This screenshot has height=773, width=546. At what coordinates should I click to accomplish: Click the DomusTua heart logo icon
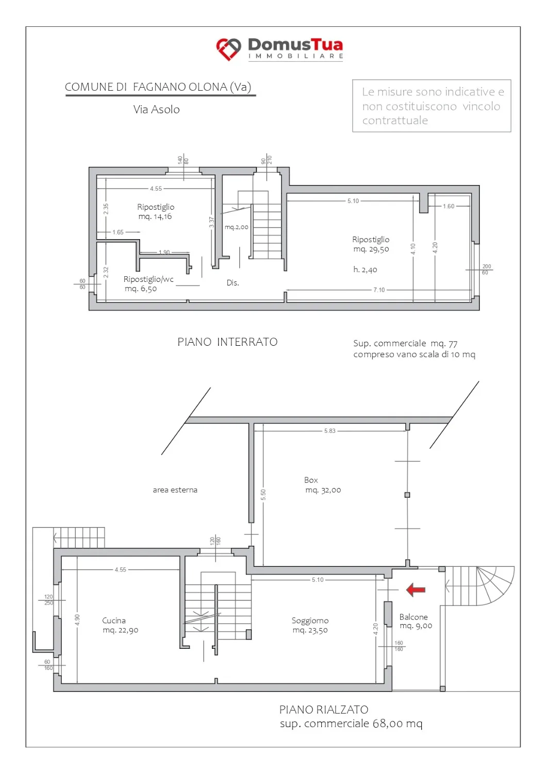(228, 49)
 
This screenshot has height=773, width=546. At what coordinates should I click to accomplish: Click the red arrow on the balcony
(416, 590)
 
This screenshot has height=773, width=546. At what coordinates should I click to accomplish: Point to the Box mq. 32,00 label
(323, 485)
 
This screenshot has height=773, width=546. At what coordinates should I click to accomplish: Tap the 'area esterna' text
(175, 490)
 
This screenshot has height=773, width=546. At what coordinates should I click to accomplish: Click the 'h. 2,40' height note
(365, 270)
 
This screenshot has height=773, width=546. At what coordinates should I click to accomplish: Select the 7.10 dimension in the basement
(379, 290)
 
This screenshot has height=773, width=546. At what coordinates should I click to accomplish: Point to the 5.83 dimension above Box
(329, 431)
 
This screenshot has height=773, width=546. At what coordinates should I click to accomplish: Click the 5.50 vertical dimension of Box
(263, 495)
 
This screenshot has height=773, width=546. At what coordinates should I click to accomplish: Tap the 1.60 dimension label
(449, 206)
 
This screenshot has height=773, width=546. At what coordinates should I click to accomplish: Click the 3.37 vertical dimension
(211, 222)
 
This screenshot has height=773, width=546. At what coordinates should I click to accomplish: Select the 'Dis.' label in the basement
(233, 282)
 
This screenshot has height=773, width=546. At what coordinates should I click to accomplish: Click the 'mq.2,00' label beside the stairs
(237, 227)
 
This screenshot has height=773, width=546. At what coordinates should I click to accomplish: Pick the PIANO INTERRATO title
(227, 342)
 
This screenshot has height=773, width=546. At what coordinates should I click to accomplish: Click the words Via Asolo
(156, 109)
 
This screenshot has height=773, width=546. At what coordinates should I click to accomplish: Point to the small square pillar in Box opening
(407, 495)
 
